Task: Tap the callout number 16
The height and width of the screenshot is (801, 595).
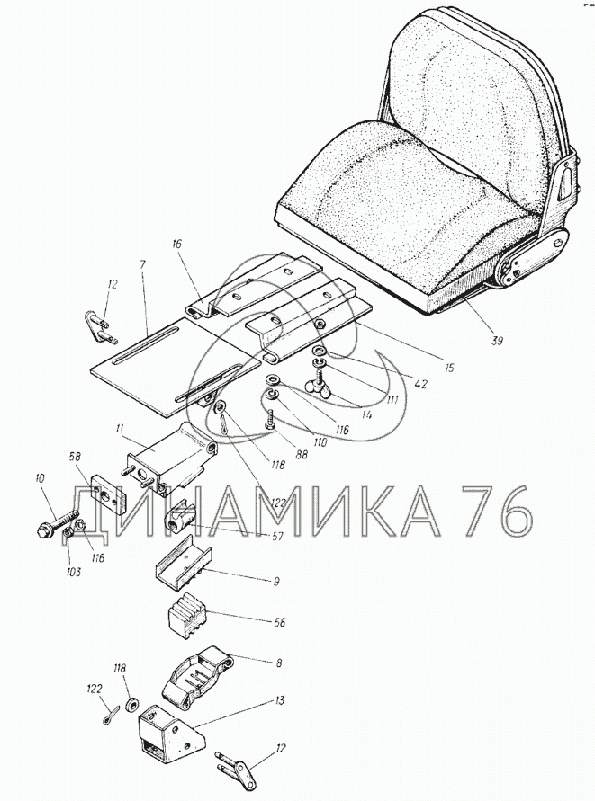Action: coord(176,243)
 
